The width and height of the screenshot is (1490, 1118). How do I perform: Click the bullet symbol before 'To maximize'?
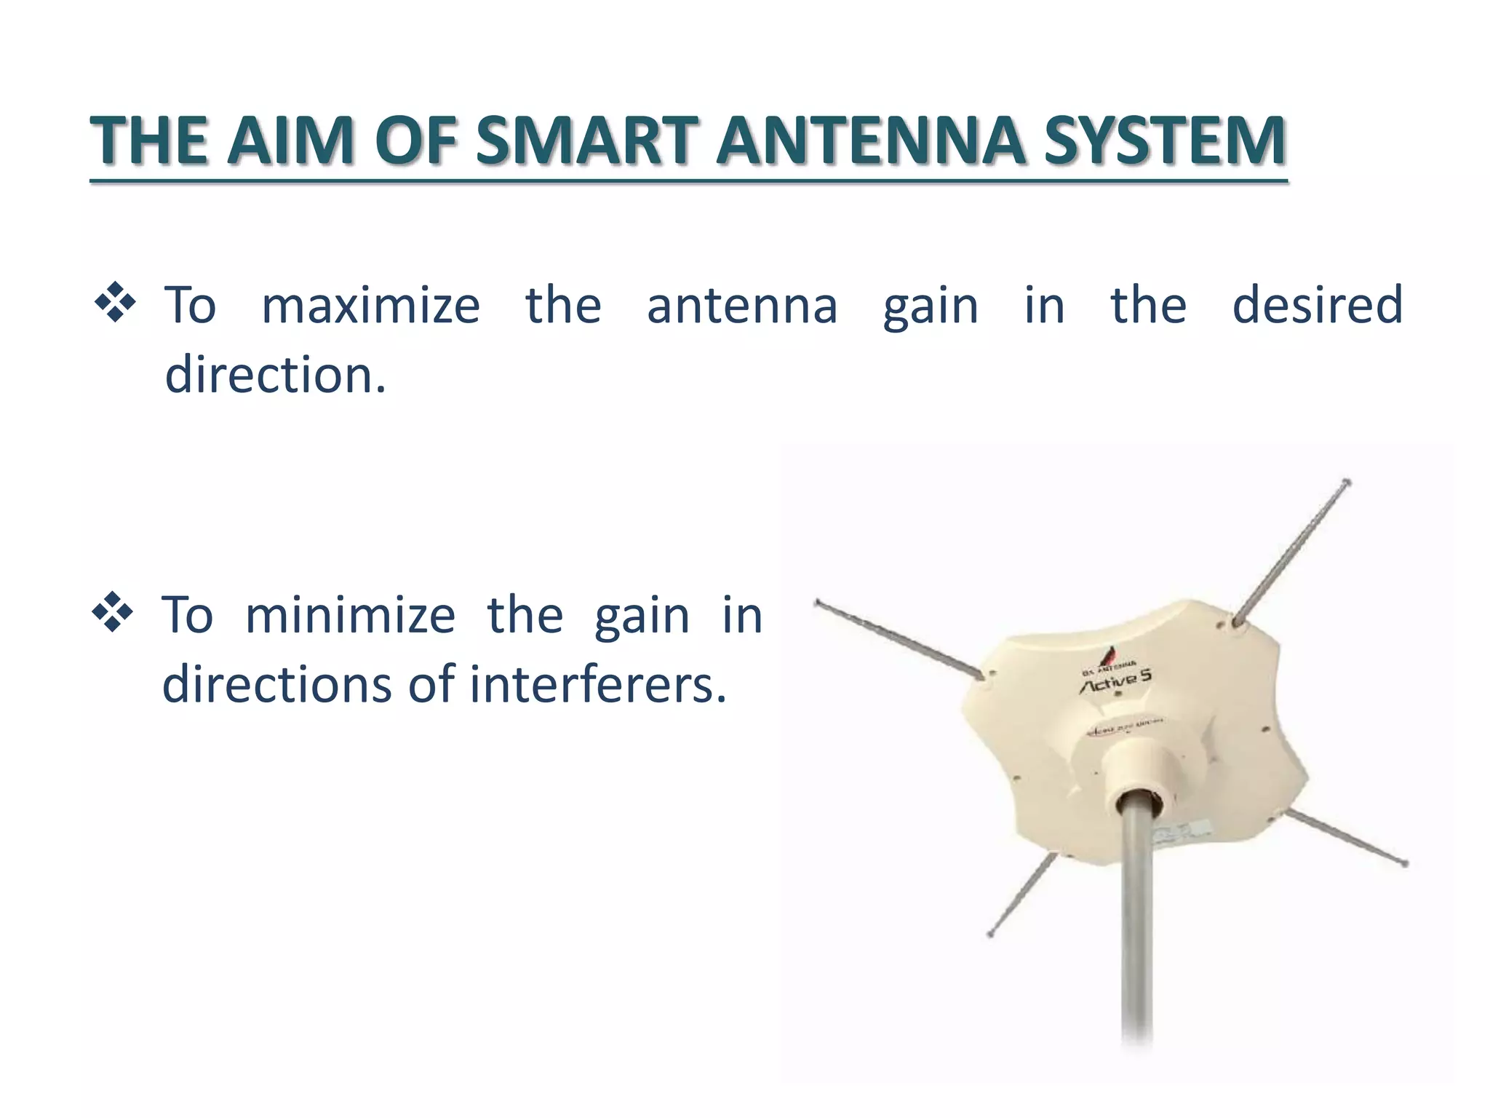pos(115,303)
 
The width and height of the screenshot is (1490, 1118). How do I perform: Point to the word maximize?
pos(370,306)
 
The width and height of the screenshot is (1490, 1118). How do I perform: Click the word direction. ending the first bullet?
pos(275,374)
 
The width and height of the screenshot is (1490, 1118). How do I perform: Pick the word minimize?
pos(350,616)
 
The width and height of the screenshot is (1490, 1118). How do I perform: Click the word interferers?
pos(598,686)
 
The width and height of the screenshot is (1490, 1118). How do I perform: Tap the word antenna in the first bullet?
pos(742,306)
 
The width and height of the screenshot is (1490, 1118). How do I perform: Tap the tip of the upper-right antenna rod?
pos(1347,482)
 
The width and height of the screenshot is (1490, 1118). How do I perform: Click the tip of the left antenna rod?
pos(817,603)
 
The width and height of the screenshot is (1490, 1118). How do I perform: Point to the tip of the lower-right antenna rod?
pos(1405,864)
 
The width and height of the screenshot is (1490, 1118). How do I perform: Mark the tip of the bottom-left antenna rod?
pos(990,935)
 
